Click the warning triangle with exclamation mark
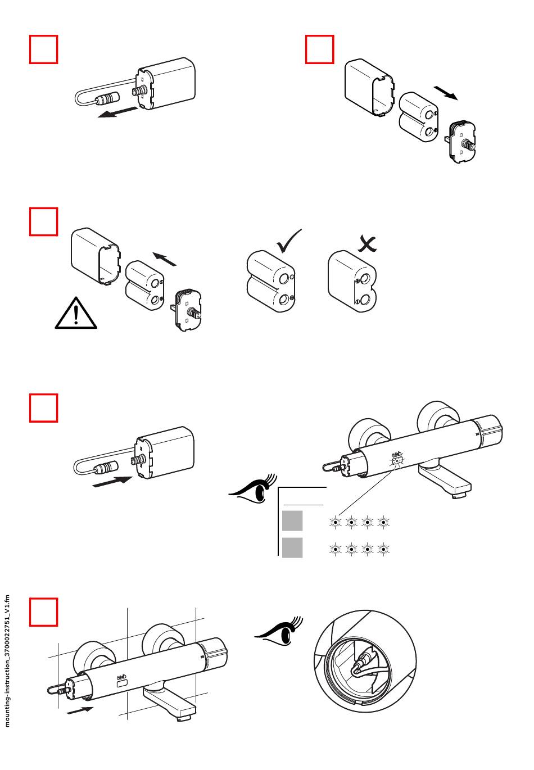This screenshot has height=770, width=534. click(x=76, y=313)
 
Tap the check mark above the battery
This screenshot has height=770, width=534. click(x=289, y=241)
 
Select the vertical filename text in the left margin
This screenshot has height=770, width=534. click(x=7, y=660)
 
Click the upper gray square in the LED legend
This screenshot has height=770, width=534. click(x=292, y=521)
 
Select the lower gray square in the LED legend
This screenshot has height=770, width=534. click(x=292, y=547)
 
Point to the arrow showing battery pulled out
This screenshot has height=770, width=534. click(x=446, y=93)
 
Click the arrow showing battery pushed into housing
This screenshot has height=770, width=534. click(x=165, y=259)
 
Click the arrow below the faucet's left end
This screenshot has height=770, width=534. click(x=80, y=710)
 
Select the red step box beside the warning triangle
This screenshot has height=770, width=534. click(x=43, y=221)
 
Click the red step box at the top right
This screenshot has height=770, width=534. click(x=319, y=49)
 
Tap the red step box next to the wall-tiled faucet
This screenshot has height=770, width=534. click(x=43, y=612)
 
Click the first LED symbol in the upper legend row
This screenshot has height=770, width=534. click(x=336, y=522)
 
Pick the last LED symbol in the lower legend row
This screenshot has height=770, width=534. click(x=383, y=549)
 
